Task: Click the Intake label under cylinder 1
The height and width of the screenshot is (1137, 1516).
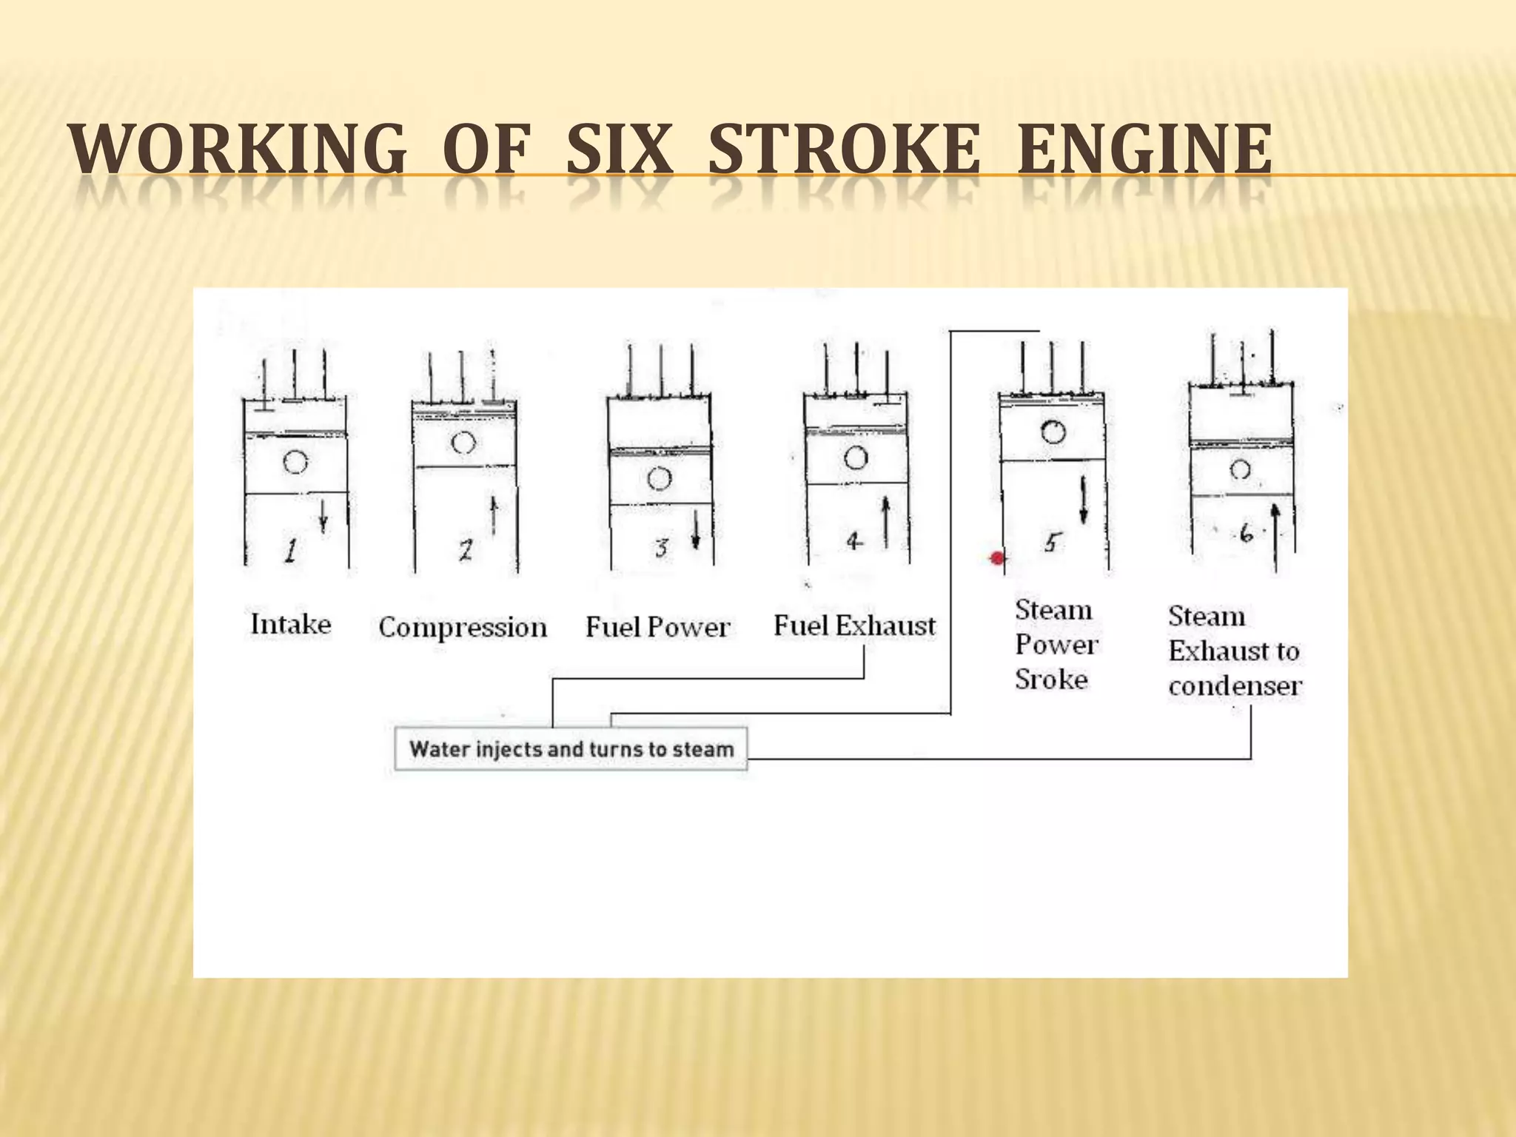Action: (291, 624)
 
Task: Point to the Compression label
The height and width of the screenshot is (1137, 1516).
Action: (463, 628)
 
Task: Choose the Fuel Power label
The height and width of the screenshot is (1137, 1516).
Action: (657, 628)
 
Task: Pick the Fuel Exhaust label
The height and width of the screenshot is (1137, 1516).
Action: (854, 626)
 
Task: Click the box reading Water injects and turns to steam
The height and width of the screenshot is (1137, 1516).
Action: (571, 749)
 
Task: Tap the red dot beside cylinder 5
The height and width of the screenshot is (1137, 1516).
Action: (998, 558)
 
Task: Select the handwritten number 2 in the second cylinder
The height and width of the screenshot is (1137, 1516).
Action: (465, 550)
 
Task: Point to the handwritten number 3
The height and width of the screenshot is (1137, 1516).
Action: (661, 548)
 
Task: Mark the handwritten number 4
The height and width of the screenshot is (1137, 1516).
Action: (854, 542)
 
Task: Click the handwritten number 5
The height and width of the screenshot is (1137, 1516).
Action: (1050, 543)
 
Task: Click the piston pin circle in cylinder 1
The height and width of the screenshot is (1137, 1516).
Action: (295, 463)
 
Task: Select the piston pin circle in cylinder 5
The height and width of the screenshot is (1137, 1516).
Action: (1053, 432)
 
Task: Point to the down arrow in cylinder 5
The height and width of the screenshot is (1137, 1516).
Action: (1084, 501)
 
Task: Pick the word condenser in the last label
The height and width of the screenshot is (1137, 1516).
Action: (1235, 686)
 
